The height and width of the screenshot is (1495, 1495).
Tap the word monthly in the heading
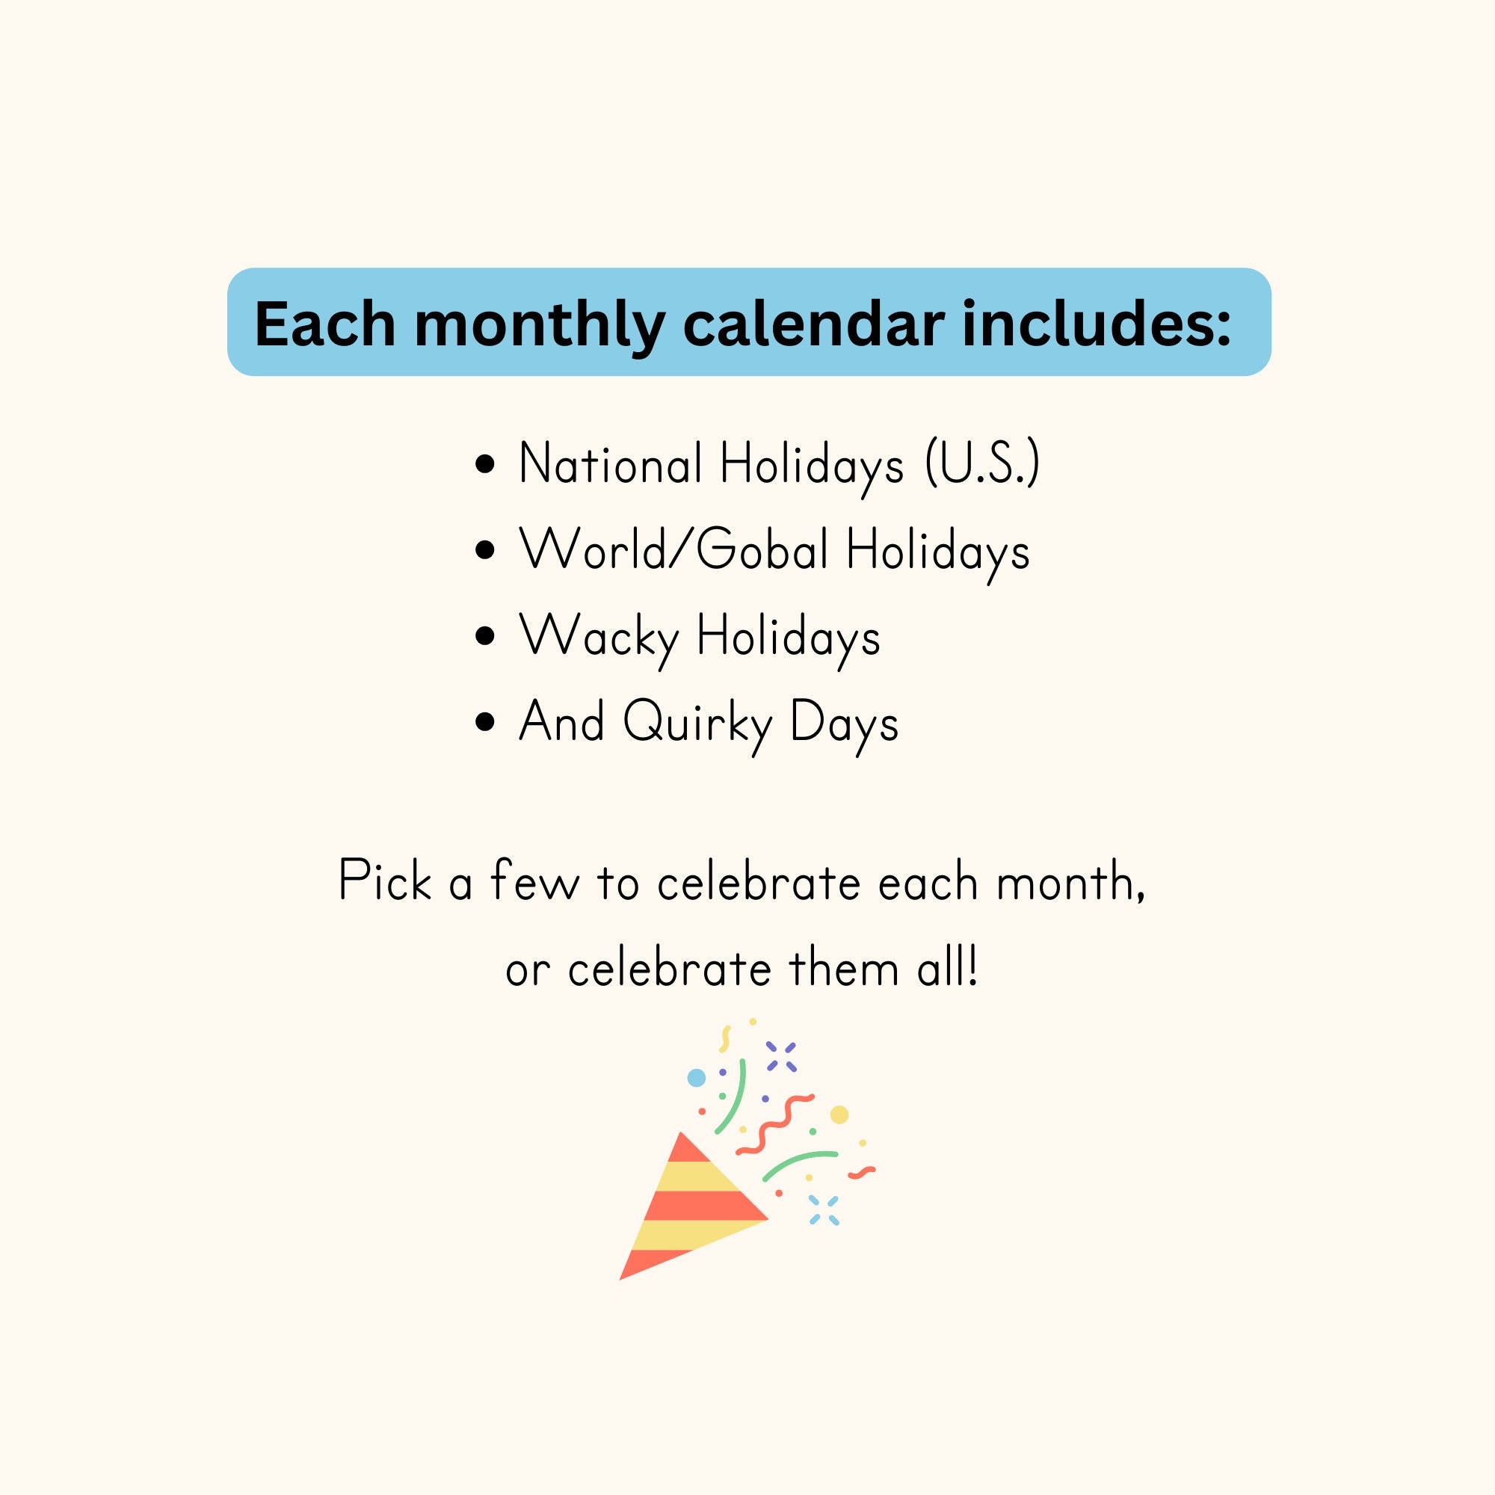540,326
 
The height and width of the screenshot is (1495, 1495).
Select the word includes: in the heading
1096,324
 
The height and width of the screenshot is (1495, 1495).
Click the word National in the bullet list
611,463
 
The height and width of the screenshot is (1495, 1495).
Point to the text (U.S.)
983,463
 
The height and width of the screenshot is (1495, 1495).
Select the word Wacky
599,637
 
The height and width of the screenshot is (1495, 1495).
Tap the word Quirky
698,723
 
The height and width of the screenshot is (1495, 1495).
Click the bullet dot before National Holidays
485,463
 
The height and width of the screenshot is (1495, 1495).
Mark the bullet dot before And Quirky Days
485,722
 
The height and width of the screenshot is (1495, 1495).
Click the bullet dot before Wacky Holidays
485,636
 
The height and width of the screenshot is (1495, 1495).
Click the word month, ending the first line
1070,882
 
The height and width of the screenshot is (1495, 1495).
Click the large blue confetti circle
697,1078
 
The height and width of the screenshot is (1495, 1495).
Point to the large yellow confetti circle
839,1115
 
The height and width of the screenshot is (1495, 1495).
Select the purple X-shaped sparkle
781,1056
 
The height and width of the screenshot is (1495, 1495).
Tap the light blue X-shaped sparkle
823,1210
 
